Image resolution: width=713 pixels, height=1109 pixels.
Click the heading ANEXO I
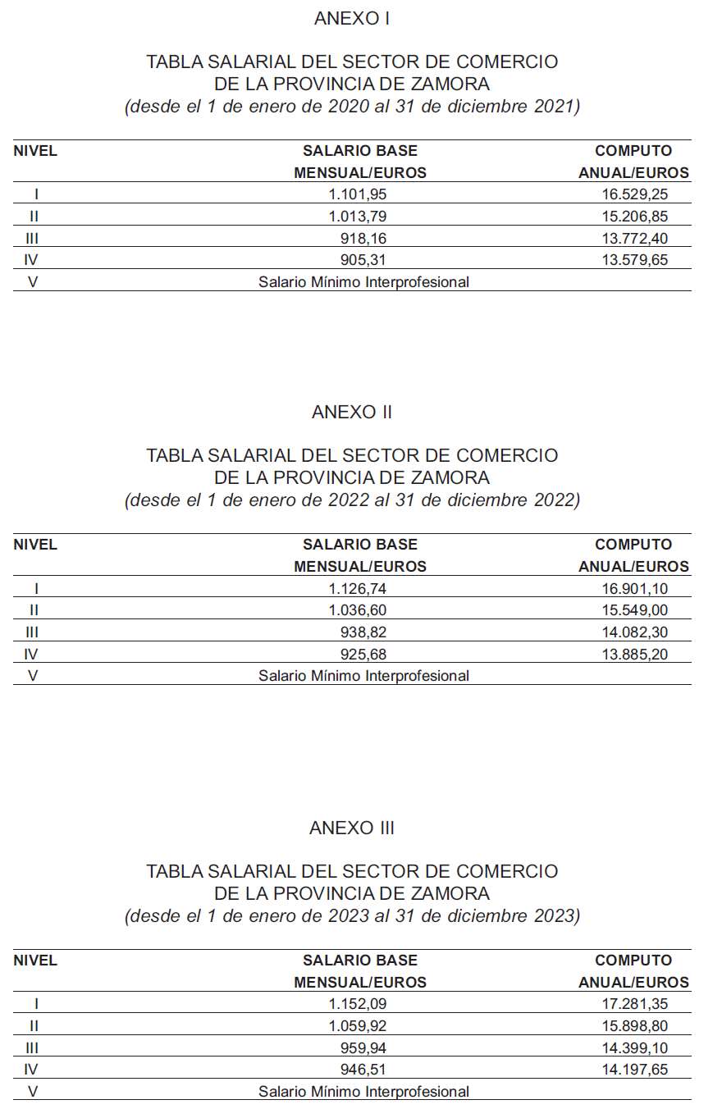pyautogui.click(x=352, y=18)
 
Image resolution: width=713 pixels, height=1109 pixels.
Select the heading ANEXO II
pyautogui.click(x=352, y=412)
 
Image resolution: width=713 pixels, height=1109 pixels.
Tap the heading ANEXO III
pyautogui.click(x=352, y=828)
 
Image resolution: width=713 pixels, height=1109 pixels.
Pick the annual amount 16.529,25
pyautogui.click(x=634, y=194)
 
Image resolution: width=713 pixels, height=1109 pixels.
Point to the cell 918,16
pyautogui.click(x=363, y=239)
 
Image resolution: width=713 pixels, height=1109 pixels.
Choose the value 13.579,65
pyautogui.click(x=634, y=260)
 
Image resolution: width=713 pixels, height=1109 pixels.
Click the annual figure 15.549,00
pyautogui.click(x=634, y=610)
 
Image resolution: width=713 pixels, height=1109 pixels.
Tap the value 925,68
pyautogui.click(x=363, y=654)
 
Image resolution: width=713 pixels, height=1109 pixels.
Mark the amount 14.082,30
pyautogui.click(x=634, y=632)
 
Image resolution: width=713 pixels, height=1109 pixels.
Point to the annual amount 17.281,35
pyautogui.click(x=634, y=1004)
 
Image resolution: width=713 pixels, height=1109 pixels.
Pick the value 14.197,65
pyautogui.click(x=634, y=1070)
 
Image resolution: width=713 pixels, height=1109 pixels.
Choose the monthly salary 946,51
pyautogui.click(x=363, y=1070)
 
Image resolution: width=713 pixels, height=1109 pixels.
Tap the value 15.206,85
pyautogui.click(x=634, y=217)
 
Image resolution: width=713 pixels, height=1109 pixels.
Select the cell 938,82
pyautogui.click(x=363, y=632)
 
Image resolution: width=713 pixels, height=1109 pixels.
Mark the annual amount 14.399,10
pyautogui.click(x=634, y=1048)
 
